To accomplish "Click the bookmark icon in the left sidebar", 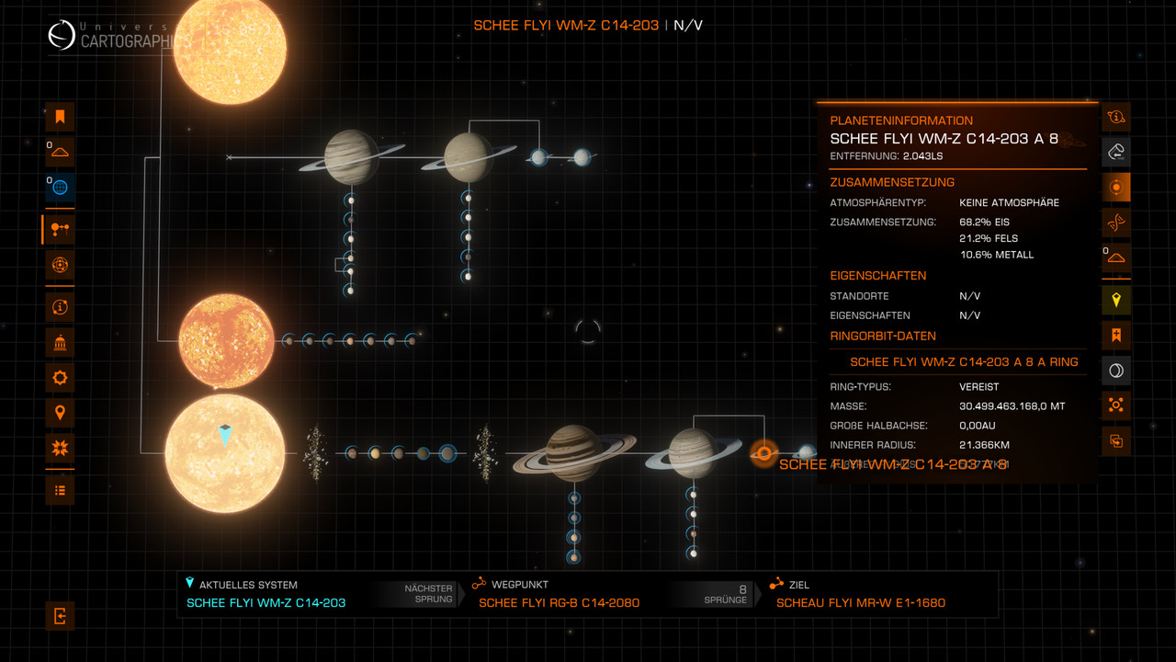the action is (60, 117).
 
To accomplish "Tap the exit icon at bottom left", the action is (60, 615).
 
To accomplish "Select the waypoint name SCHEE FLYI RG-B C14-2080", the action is (559, 602).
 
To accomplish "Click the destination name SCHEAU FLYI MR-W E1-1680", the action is (860, 602).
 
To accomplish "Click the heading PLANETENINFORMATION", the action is (900, 120).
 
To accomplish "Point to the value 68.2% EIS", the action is (984, 222).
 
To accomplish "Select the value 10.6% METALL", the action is (996, 255).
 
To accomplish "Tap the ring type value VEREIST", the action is (978, 387).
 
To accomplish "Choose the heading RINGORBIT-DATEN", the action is (882, 336).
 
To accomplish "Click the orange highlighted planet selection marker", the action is (763, 453).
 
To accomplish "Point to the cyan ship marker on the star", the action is (225, 435).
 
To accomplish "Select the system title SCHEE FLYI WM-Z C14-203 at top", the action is (566, 25).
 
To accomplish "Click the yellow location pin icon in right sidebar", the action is (1116, 300).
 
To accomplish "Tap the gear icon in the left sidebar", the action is (60, 377).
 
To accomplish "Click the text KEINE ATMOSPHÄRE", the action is (1009, 202).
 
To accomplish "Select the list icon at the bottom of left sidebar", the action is (60, 490).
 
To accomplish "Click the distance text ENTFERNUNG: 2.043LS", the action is (886, 156).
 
